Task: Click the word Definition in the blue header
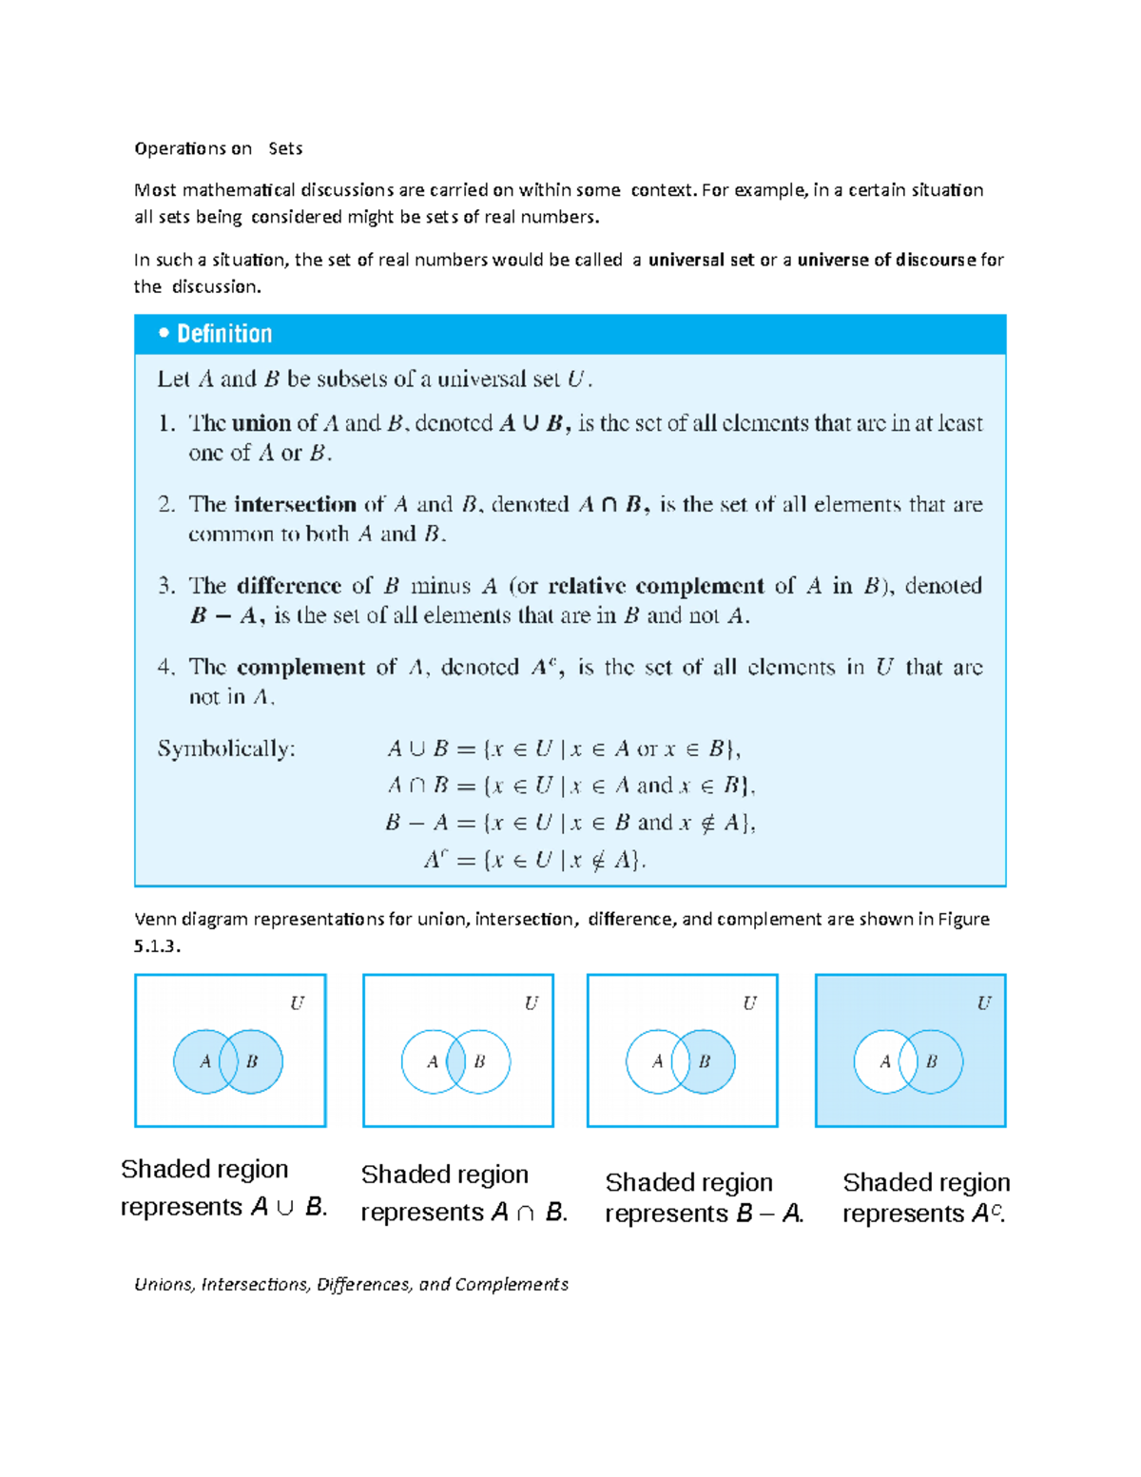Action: (224, 334)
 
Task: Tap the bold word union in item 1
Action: (261, 423)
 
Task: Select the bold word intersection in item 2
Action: (295, 504)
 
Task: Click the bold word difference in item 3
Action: (289, 586)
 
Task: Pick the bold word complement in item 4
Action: (300, 668)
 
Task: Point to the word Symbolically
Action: (226, 749)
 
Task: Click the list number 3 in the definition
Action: (165, 586)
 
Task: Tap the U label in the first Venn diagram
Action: (297, 1003)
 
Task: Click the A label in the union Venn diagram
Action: (204, 1061)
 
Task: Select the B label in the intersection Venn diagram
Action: (479, 1061)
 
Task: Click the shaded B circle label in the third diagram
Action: (705, 1061)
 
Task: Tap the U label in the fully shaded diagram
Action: (983, 1003)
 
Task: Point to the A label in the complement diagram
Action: (885, 1061)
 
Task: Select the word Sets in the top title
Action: (285, 148)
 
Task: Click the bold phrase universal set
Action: (701, 260)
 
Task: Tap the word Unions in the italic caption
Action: (164, 1285)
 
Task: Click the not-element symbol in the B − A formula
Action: (707, 824)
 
